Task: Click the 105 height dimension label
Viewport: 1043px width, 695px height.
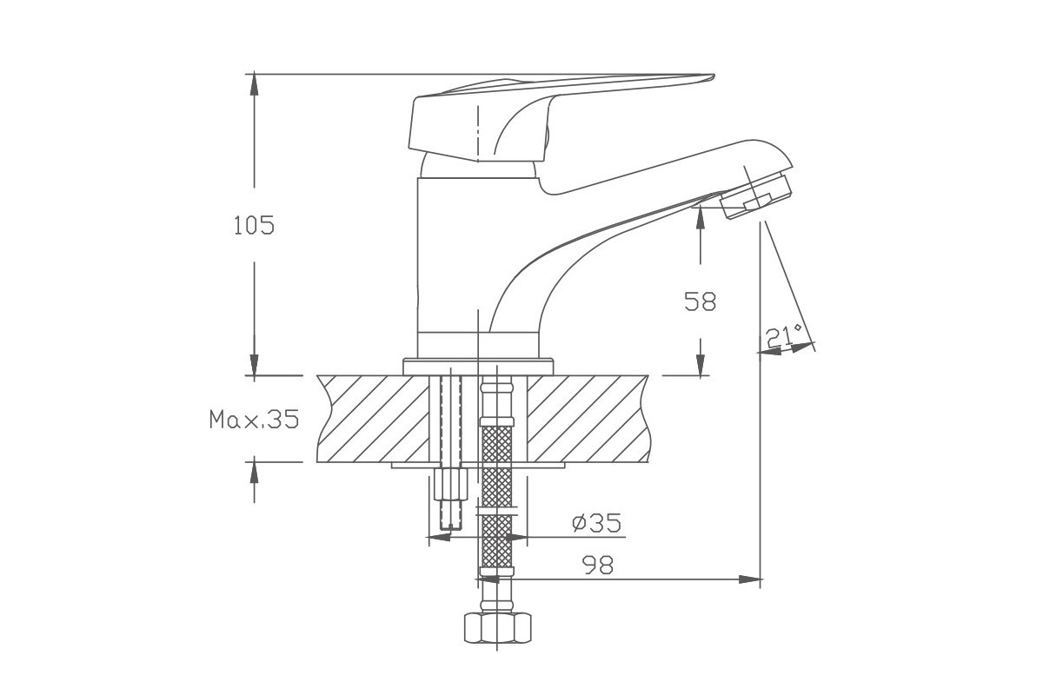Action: [254, 225]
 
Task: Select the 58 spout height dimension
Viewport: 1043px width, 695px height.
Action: [700, 301]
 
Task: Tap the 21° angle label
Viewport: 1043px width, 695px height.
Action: [784, 336]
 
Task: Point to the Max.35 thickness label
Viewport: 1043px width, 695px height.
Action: [254, 419]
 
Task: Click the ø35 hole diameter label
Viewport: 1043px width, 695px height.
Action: [596, 523]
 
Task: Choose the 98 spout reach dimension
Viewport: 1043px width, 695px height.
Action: [598, 566]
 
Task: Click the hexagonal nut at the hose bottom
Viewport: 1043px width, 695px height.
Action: [497, 628]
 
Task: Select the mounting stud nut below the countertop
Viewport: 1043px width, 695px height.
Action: [450, 484]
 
